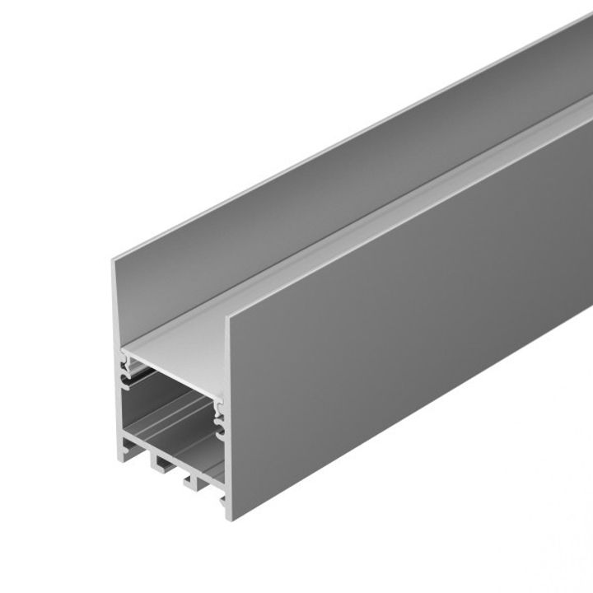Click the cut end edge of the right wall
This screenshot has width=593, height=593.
[226, 412]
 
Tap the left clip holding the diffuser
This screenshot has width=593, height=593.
[127, 362]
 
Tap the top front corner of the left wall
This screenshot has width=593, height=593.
[114, 261]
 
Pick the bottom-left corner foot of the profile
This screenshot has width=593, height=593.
[124, 458]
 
